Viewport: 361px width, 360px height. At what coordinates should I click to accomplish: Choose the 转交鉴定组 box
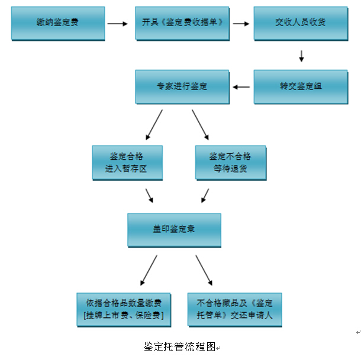click(x=301, y=87)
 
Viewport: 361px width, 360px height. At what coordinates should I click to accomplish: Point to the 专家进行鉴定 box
click(x=182, y=87)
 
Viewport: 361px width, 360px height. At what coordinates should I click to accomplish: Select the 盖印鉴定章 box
click(x=174, y=230)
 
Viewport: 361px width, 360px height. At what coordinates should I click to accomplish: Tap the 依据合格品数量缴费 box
click(x=124, y=308)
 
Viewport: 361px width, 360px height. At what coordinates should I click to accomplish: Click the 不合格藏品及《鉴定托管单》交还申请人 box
click(x=234, y=308)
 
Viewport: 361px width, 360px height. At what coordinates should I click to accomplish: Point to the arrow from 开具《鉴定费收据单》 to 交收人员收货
click(x=240, y=24)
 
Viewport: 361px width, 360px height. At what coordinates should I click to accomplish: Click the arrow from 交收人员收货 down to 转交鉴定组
click(x=301, y=56)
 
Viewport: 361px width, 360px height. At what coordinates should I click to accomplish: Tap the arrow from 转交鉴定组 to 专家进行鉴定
click(x=241, y=88)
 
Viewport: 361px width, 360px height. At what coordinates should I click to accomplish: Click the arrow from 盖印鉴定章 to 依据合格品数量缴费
click(x=149, y=269)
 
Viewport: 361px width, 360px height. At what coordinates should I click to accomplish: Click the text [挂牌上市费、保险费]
click(x=124, y=315)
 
